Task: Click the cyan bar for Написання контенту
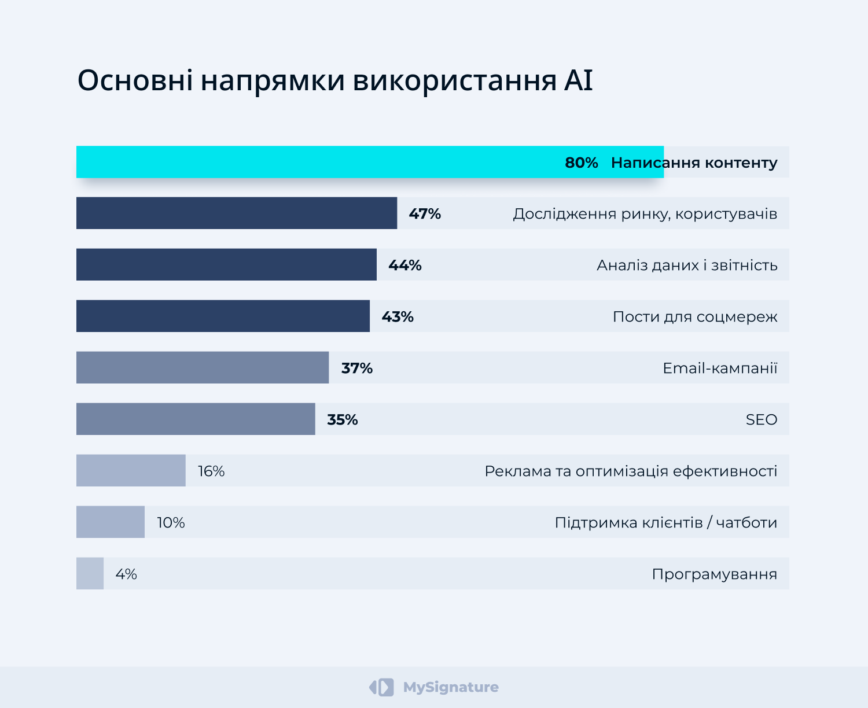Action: coord(318,162)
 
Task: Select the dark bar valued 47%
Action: coord(237,213)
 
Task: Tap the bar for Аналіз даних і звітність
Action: coord(226,264)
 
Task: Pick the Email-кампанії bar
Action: coord(203,367)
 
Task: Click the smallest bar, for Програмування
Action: coord(90,573)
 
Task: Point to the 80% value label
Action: coord(581,163)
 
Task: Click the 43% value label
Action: coord(398,316)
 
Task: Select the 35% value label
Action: coord(343,419)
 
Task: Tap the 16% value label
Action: coord(211,471)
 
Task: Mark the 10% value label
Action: coord(171,522)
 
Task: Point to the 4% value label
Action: coord(126,574)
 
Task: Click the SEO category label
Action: coord(761,419)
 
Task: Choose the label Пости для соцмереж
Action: coord(695,316)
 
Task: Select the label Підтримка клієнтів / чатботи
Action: coord(665,522)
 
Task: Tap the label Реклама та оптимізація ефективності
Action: coord(631,471)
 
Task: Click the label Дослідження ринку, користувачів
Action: coord(645,213)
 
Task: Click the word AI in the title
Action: coord(578,80)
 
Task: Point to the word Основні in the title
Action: coord(135,80)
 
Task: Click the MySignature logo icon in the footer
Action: coord(381,687)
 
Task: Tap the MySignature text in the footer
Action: coord(451,687)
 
